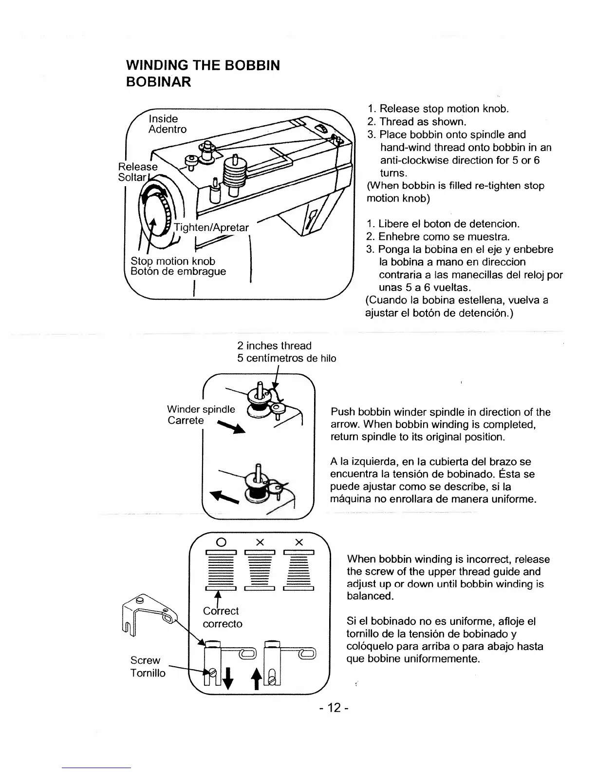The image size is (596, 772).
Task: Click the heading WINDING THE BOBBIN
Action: pos(203,65)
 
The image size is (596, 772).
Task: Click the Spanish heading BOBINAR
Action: pos(158,82)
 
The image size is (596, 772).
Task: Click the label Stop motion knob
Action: pos(173,261)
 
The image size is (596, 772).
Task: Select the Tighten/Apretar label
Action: pos(211,228)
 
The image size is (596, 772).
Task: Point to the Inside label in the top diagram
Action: pos(163,118)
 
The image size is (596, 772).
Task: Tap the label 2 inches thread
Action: pos(274,346)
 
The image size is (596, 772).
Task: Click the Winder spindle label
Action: pos(201,409)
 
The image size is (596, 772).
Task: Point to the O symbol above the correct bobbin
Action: pos(221,542)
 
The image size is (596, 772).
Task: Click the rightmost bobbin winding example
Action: pos(298,570)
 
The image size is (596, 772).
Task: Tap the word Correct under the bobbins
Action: pos(221,611)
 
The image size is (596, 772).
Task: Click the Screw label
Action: pos(145,660)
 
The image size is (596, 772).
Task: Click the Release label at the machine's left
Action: pos(138,166)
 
